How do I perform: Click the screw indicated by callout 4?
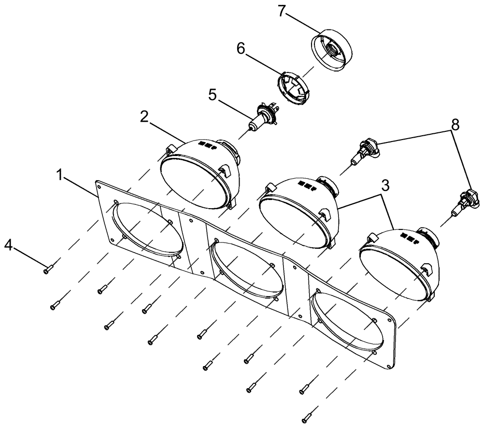click(48, 270)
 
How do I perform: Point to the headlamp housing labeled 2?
click(198, 171)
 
